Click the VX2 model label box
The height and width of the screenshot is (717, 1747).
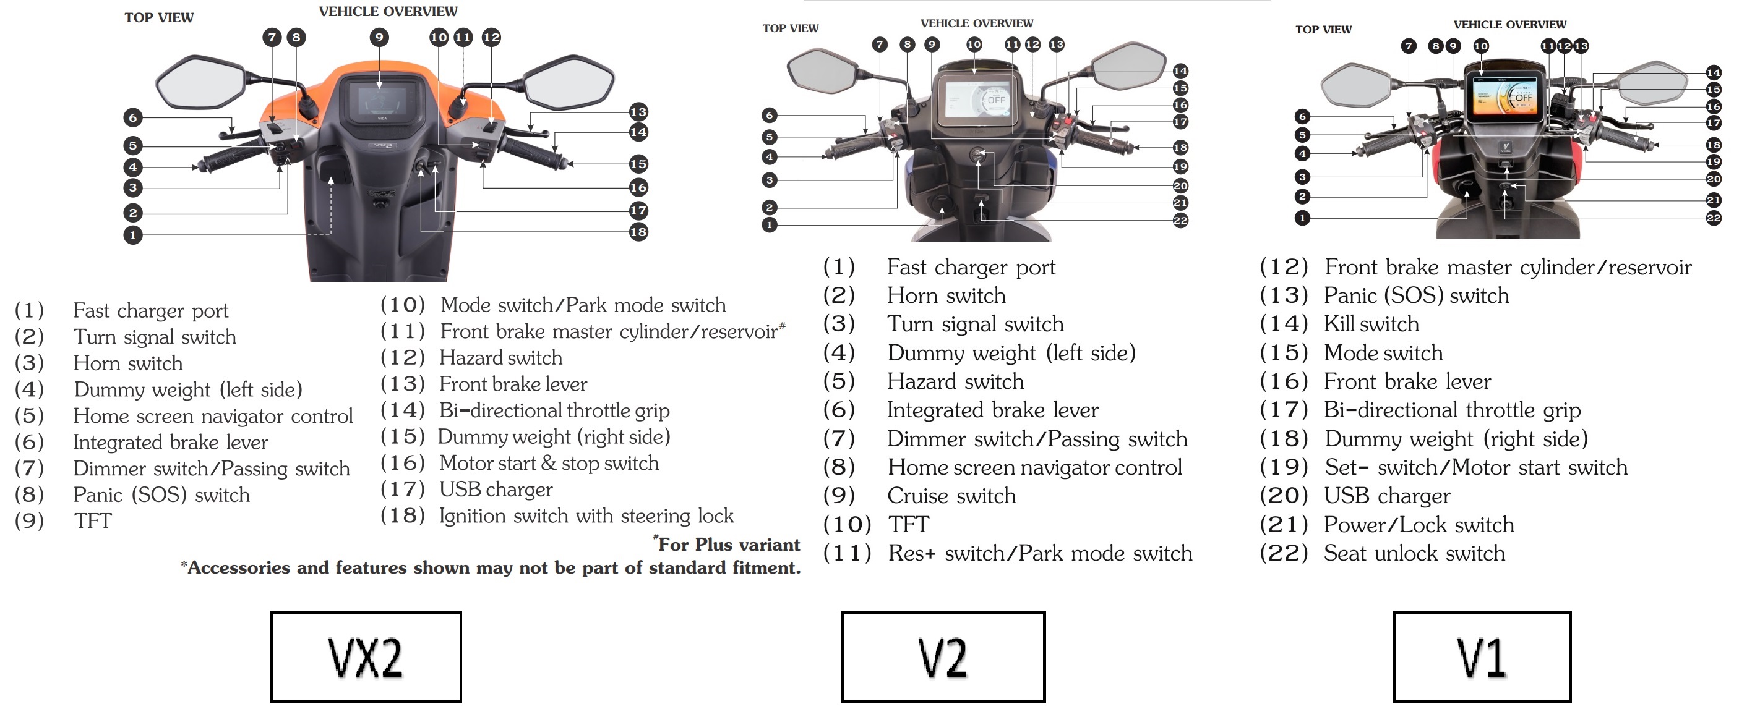[366, 656]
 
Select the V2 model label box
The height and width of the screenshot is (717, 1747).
[943, 656]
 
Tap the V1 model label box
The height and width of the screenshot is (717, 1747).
[1482, 656]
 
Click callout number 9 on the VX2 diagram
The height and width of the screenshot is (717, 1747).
[379, 37]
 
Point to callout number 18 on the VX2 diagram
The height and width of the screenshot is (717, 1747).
[638, 232]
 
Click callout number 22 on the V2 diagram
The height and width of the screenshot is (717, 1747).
[1181, 220]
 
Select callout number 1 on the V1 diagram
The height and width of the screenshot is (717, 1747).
[1302, 218]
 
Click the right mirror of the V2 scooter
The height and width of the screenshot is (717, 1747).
[1131, 66]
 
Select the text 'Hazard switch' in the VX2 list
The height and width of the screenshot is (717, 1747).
[500, 358]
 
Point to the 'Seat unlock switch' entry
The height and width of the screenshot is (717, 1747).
[1414, 554]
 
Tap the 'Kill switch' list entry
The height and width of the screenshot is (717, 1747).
[1371, 324]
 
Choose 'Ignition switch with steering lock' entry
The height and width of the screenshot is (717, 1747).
[586, 515]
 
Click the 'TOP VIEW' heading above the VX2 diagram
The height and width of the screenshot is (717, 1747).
[159, 18]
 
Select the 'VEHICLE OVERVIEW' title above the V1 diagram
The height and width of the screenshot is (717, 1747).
[1509, 24]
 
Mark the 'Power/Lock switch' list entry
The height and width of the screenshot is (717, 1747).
[1419, 525]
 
